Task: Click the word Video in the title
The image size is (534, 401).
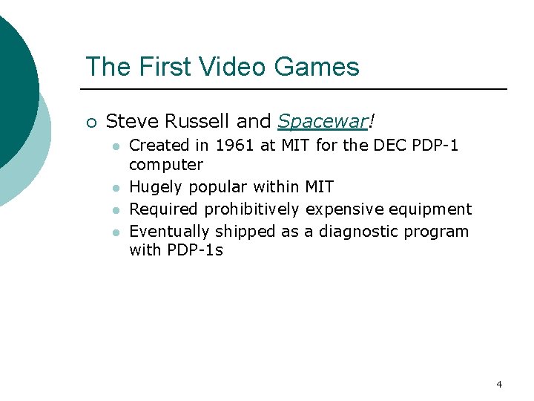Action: [237, 67]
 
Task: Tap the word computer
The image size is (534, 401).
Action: [166, 165]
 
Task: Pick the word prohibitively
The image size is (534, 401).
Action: [252, 209]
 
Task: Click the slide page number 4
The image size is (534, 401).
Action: [499, 384]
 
